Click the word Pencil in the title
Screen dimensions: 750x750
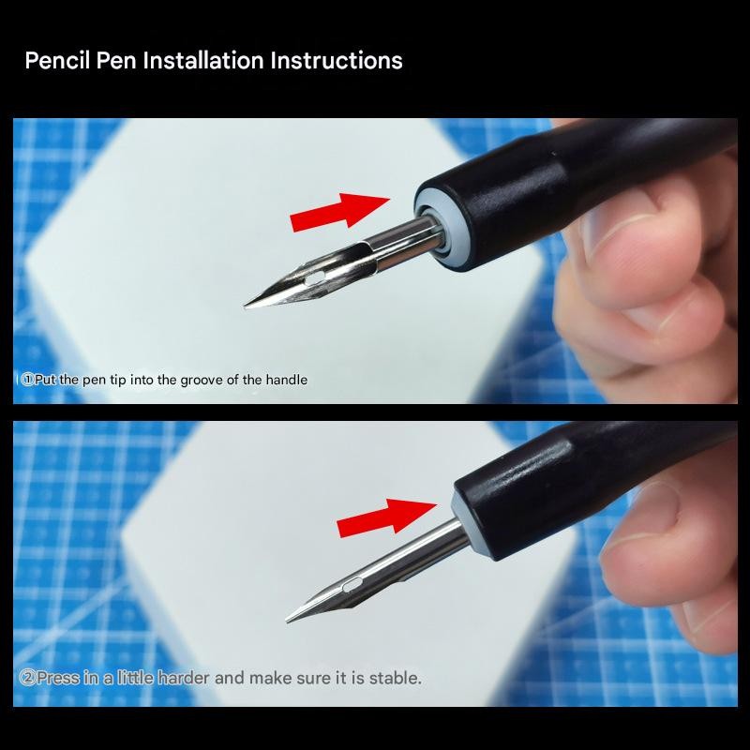coord(57,61)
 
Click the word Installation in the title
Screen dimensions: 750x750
coord(203,61)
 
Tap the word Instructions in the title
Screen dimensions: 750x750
coord(337,61)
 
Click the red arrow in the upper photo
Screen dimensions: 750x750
coord(340,213)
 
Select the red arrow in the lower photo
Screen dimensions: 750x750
coord(386,517)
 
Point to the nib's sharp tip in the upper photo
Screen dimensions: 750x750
coord(245,306)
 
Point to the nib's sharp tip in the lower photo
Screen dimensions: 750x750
coord(287,622)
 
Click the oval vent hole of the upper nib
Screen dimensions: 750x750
coord(314,278)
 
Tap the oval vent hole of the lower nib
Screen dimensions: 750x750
coord(353,583)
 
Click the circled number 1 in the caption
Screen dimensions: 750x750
coord(28,380)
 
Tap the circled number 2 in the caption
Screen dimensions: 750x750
coord(27,678)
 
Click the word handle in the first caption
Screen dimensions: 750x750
coord(287,380)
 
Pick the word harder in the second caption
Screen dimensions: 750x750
coord(183,678)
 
